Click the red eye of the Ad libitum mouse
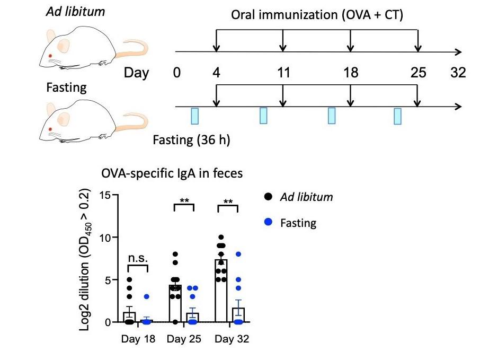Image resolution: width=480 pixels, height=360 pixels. click(51, 56)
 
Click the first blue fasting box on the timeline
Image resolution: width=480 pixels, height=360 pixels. click(195, 116)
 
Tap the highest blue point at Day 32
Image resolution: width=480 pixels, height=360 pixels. click(238, 254)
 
